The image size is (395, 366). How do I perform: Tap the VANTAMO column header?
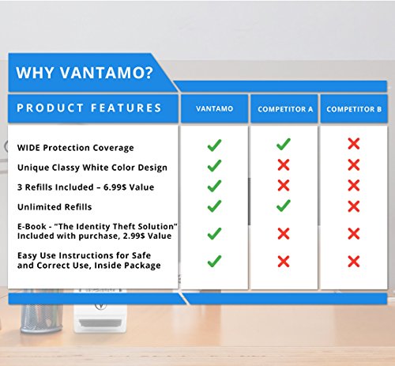point(214,109)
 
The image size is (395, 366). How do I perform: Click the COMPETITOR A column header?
point(284,109)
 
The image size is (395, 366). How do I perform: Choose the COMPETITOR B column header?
point(353,109)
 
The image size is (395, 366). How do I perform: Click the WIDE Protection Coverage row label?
point(76,148)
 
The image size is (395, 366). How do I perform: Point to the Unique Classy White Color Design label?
point(92,168)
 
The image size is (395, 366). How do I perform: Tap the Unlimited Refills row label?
point(56,207)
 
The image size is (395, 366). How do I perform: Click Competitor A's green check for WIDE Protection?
point(284,145)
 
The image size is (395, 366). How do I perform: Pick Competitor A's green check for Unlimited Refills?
point(284,206)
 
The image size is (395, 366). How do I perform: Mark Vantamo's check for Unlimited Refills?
point(214,206)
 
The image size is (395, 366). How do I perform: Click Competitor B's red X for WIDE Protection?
point(353,145)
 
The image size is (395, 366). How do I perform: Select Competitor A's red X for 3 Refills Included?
point(284,186)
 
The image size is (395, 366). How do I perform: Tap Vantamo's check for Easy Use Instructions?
point(214,261)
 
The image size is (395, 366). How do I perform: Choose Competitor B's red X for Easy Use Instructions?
point(353,261)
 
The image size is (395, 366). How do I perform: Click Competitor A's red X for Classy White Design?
point(284,165)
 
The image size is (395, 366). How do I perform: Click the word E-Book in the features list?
point(32,227)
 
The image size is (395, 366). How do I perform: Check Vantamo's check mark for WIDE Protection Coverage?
point(214,145)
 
